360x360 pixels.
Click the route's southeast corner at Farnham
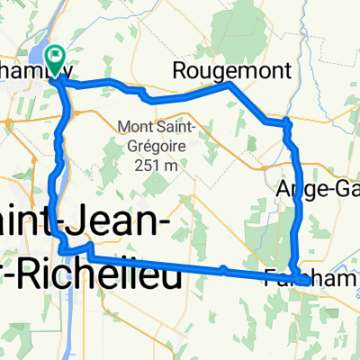pos(307,280)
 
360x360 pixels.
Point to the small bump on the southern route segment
pos(223,268)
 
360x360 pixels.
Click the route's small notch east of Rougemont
pos(285,121)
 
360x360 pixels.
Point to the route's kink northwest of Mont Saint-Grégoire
pos(139,92)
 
